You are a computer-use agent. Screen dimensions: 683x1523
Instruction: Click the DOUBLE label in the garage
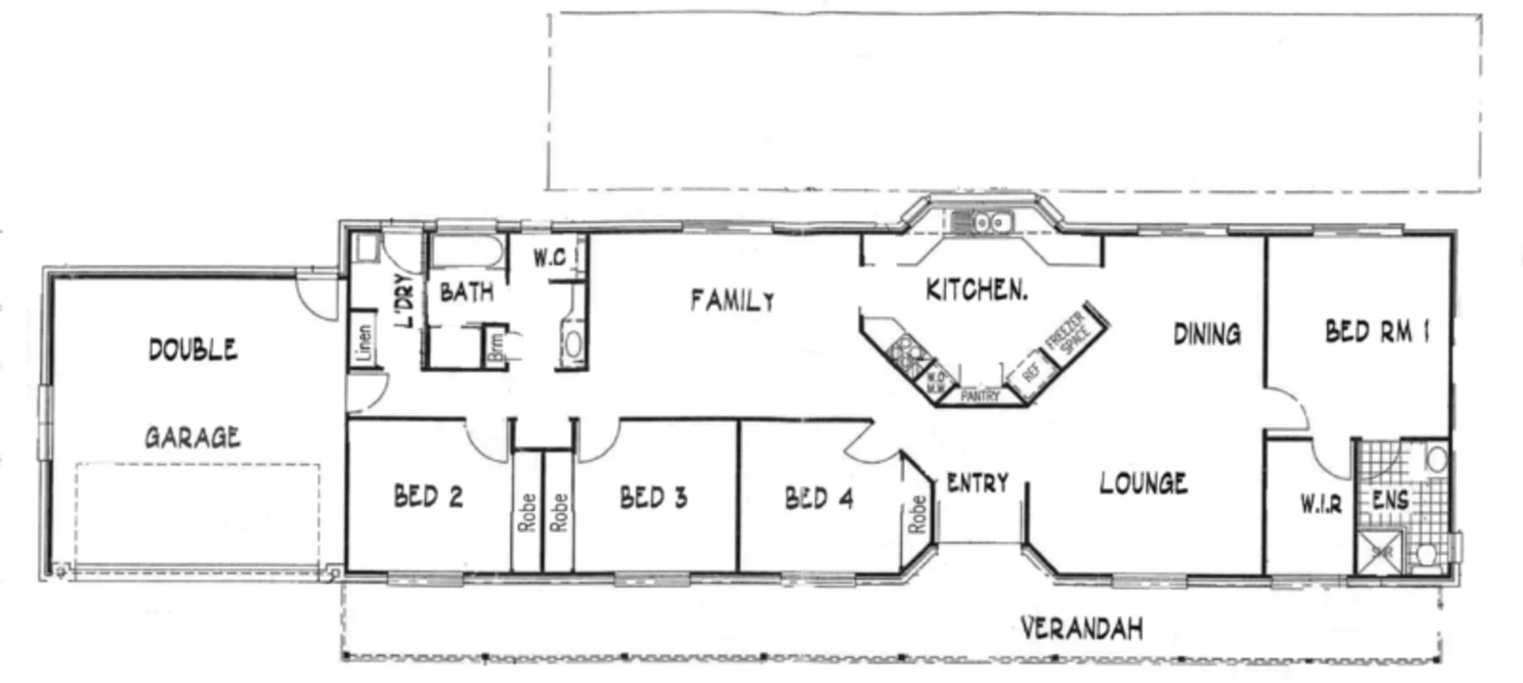193,350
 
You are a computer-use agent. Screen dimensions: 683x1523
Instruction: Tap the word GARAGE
193,437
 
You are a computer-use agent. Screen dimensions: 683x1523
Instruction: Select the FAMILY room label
732,300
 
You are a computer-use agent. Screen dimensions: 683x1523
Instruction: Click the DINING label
1207,334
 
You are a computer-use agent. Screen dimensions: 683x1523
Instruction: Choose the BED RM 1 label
1377,331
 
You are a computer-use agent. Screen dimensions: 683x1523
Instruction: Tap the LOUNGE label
1143,482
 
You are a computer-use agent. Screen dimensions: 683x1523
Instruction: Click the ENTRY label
977,482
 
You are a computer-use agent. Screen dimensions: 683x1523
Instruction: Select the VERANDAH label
1081,629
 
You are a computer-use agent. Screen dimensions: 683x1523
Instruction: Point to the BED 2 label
428,497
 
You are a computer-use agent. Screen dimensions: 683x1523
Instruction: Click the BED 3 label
653,497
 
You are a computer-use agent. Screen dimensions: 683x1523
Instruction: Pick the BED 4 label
819,498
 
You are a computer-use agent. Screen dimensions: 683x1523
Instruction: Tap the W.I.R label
1321,503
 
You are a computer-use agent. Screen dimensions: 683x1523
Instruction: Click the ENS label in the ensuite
1391,500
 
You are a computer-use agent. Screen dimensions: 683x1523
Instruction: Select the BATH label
466,292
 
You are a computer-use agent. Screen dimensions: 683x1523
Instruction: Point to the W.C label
549,258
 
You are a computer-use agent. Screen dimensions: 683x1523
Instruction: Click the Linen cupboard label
364,343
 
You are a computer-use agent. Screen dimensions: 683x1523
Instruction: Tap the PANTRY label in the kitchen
980,395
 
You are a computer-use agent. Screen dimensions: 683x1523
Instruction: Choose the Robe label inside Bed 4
917,513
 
